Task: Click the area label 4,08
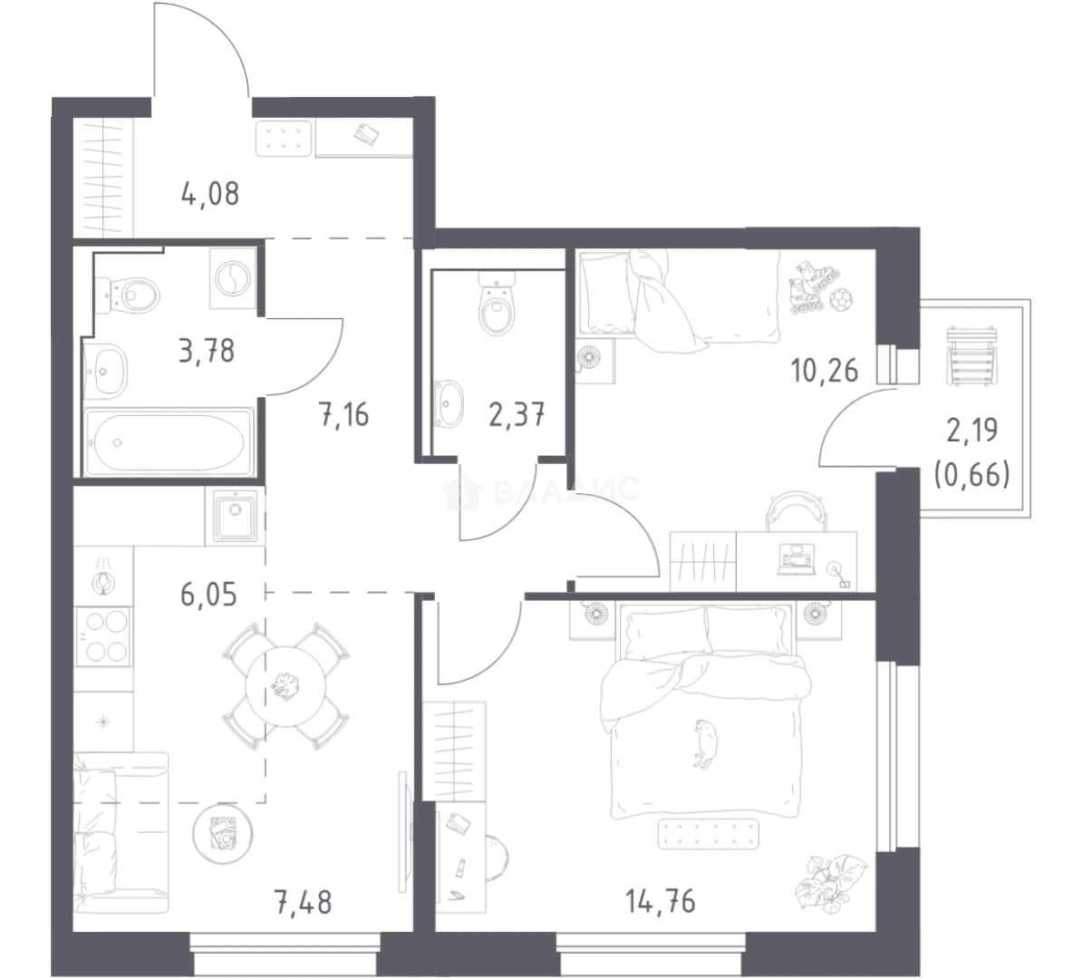click(209, 194)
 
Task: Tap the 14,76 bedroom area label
click(661, 901)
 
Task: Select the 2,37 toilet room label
click(517, 415)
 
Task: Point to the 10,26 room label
click(824, 371)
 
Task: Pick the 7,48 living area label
click(303, 902)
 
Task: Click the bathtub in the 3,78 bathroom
click(169, 441)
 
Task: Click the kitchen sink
click(235, 515)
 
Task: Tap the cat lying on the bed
click(703, 743)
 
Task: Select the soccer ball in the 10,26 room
click(840, 300)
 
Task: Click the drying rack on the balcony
click(971, 354)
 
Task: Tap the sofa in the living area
click(121, 833)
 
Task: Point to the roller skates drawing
click(809, 286)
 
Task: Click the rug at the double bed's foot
click(708, 833)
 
